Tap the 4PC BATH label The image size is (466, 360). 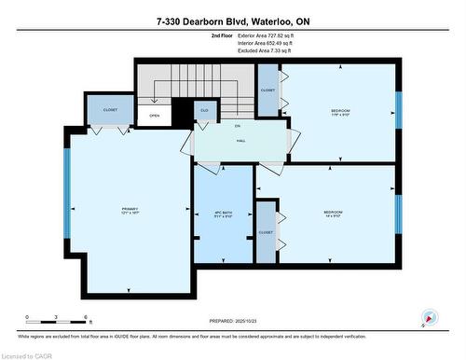pos(222,214)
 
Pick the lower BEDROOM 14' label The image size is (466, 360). pos(333,214)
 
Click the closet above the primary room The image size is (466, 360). pos(103,109)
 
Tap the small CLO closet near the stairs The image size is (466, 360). pos(205,110)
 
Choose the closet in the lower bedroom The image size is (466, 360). pos(267,231)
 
